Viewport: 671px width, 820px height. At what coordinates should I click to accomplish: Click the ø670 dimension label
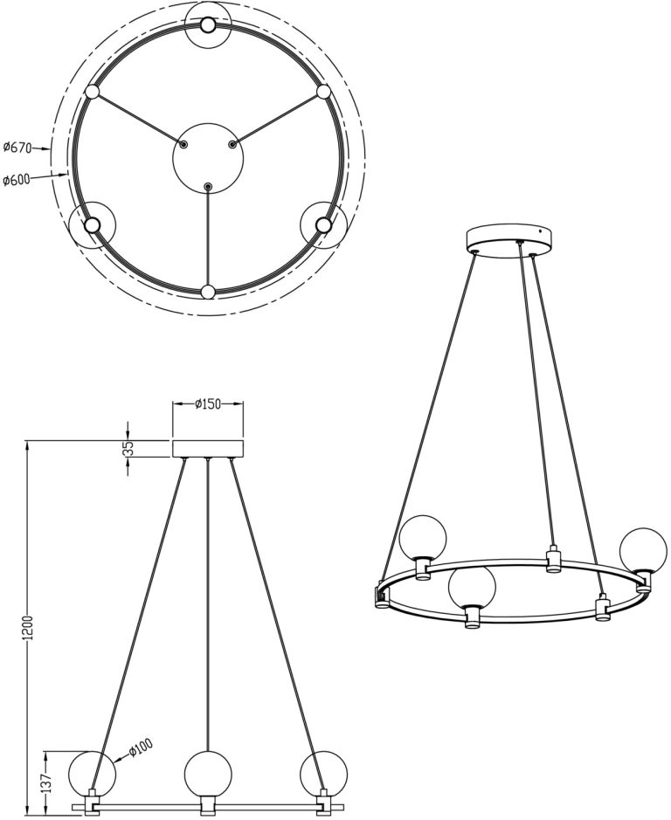coord(17,148)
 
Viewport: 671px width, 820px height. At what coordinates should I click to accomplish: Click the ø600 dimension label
coord(16,180)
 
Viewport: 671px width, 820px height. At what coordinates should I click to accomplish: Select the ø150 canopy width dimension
coord(207,403)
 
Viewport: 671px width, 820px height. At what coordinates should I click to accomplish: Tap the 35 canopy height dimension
coord(130,448)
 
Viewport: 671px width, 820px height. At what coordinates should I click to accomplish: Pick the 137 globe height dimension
coord(46,782)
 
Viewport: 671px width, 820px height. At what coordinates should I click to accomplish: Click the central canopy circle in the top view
coord(208,158)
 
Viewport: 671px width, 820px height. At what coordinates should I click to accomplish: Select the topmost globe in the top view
coord(208,25)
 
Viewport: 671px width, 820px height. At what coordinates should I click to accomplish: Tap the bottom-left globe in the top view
coord(92,225)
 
